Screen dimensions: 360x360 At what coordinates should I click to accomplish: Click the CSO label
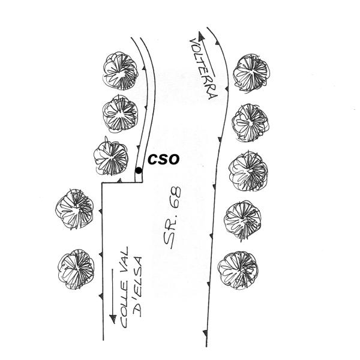point(163,160)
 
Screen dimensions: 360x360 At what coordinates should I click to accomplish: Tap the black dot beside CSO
point(139,170)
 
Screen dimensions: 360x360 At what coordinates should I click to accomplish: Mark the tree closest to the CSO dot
point(111,157)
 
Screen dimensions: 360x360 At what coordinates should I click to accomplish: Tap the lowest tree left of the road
point(76,268)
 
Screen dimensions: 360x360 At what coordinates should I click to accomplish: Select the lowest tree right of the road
point(238,268)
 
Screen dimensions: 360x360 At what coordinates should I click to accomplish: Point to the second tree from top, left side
point(121,113)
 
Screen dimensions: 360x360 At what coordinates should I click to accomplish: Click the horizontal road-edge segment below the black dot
point(122,182)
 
